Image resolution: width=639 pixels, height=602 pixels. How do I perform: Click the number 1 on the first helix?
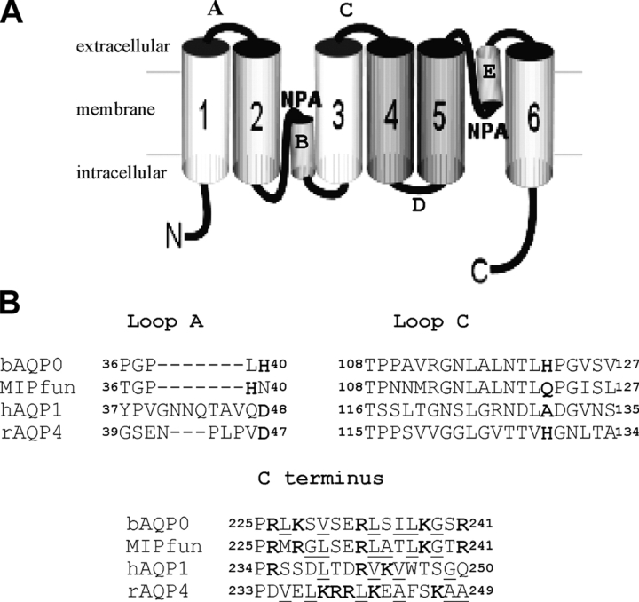point(204,116)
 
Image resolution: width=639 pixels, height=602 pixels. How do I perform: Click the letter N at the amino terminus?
point(176,236)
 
